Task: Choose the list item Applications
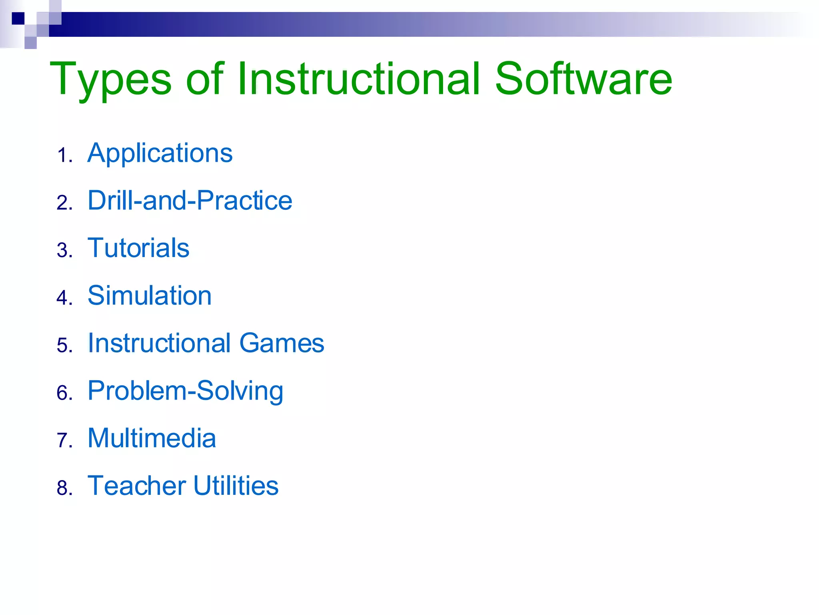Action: (160, 153)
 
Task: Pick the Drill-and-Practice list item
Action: (190, 201)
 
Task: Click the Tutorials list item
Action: (138, 248)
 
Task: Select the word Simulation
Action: (150, 296)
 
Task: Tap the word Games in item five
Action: (282, 344)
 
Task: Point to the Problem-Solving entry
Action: (186, 391)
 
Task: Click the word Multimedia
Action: (152, 438)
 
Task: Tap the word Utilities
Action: (236, 486)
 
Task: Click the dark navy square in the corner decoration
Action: (18, 18)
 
